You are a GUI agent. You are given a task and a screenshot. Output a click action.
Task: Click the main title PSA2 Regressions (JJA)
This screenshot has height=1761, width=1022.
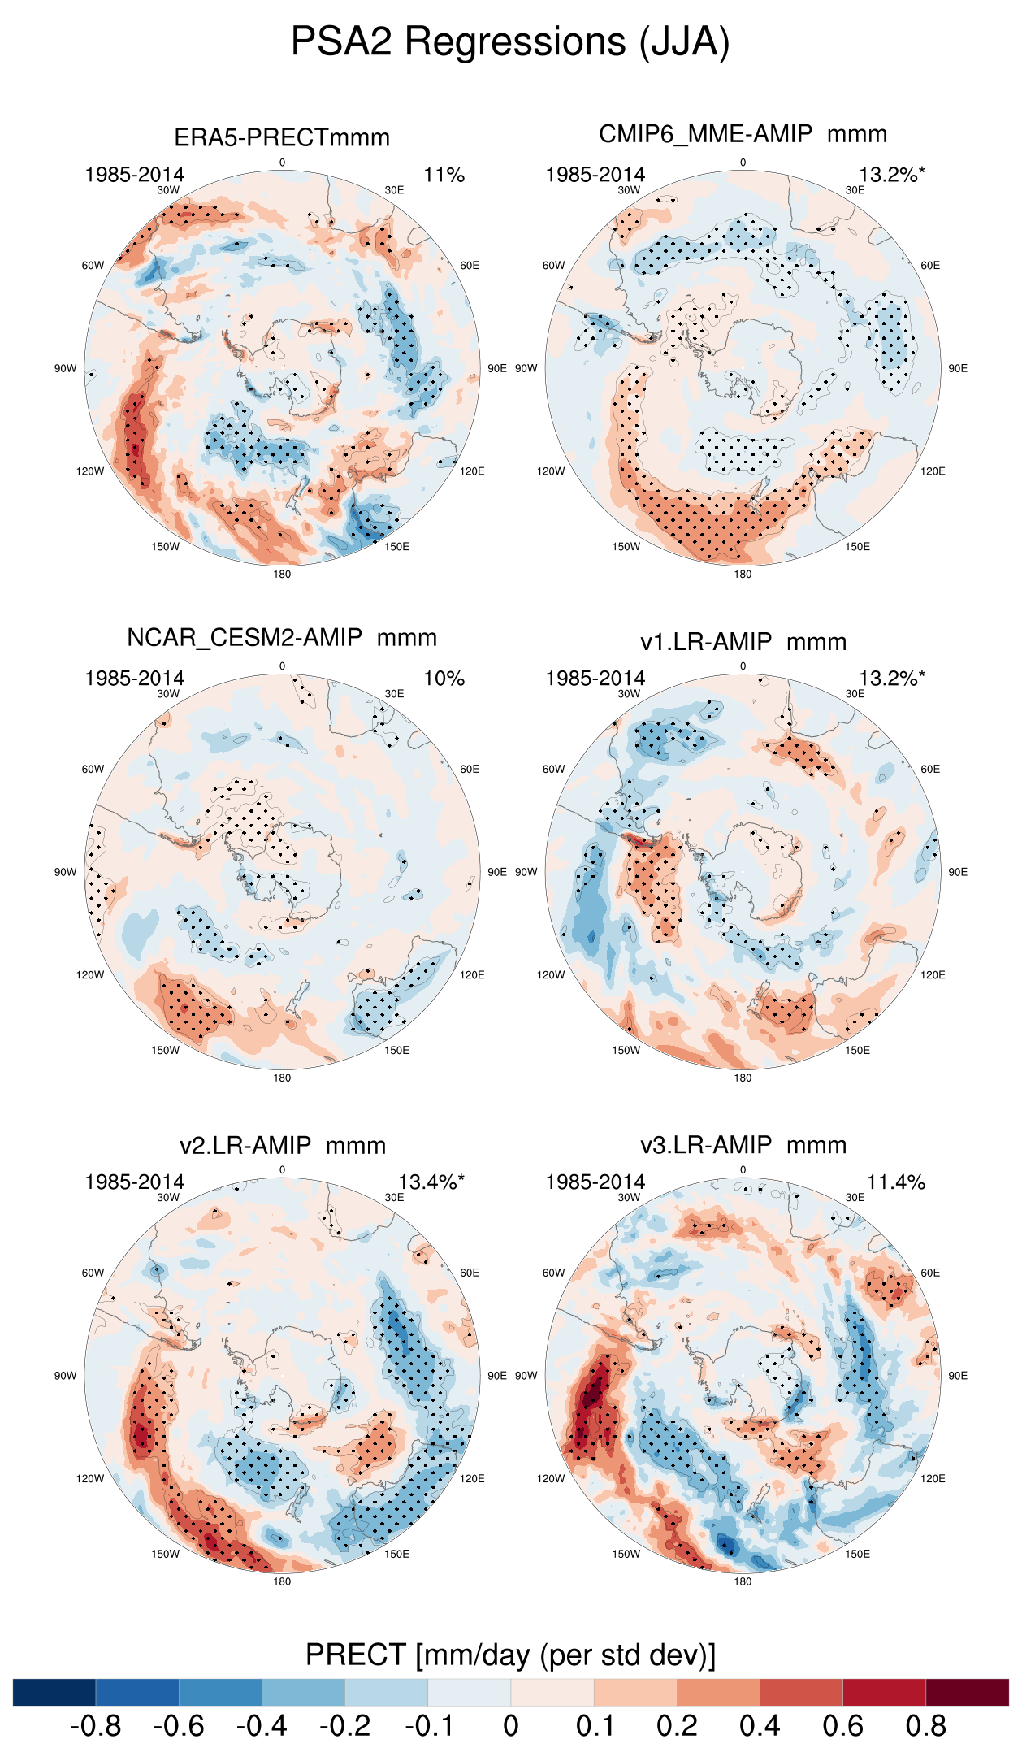510,41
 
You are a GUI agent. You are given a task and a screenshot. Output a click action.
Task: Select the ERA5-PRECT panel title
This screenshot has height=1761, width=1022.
282,137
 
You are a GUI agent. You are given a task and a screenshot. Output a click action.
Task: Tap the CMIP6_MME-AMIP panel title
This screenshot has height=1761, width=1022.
743,134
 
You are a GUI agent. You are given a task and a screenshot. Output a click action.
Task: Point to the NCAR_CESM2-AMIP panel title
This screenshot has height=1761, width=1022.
282,638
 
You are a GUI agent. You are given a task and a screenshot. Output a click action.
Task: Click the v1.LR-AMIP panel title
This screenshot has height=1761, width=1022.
743,642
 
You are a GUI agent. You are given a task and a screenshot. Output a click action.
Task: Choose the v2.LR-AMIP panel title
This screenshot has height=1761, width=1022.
282,1146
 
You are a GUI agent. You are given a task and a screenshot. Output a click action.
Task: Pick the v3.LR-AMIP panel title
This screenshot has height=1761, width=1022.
743,1146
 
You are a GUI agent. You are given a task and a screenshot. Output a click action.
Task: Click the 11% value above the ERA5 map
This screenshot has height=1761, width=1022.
444,175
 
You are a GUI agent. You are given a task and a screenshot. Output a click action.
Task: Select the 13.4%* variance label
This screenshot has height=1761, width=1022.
431,1182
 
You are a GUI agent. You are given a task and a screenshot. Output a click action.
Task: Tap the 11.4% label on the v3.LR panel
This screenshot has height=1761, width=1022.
895,1182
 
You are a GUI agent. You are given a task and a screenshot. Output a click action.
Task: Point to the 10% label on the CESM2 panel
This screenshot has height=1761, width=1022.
444,679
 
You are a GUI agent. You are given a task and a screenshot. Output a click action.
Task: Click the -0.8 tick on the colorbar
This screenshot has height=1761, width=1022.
96,1726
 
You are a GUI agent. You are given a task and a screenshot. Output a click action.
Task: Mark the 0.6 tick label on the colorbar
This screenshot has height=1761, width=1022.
842,1726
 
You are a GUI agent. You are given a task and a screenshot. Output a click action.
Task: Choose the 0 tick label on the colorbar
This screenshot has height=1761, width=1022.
511,1726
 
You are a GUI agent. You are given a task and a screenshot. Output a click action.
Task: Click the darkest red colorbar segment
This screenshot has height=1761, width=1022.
967,1692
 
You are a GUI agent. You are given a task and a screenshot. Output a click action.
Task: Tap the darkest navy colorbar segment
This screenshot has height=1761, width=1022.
54,1692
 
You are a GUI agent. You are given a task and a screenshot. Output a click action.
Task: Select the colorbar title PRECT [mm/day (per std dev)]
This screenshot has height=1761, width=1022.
510,1655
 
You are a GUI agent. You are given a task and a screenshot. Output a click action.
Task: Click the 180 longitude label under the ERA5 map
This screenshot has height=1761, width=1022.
282,575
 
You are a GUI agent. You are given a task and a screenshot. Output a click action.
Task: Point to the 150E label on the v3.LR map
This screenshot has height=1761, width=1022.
857,1554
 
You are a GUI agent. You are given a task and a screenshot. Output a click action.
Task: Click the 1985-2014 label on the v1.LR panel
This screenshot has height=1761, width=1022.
595,679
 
